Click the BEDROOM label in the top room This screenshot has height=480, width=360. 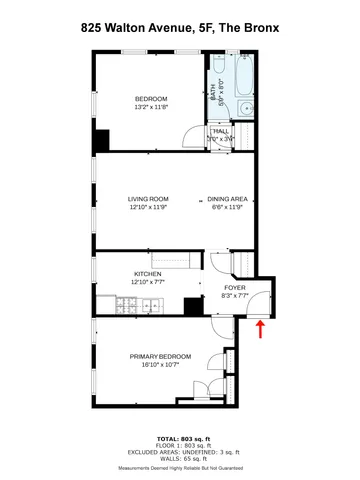(151, 98)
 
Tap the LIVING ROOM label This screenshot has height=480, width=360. (147, 200)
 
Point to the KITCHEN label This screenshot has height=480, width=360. (147, 273)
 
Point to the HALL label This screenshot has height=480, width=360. (220, 130)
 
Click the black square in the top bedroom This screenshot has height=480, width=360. (101, 142)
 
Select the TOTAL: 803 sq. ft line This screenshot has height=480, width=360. (180, 439)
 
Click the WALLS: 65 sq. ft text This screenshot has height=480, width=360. (180, 457)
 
